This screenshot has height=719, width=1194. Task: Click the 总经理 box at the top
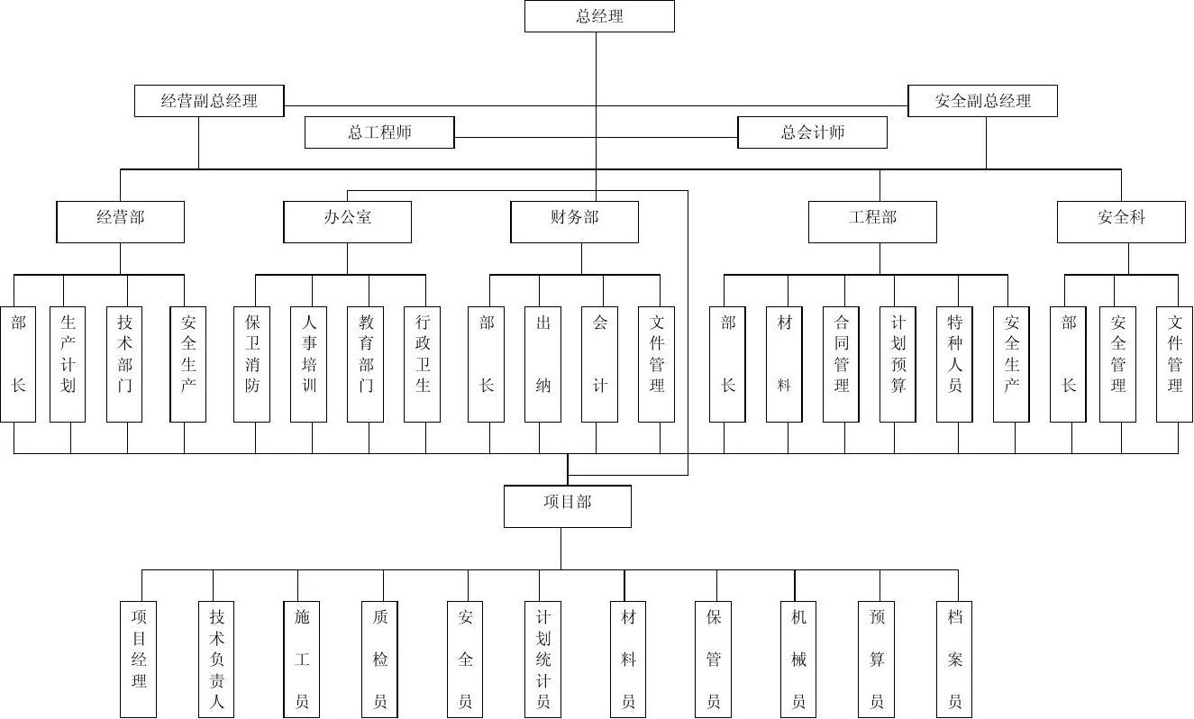pos(599,16)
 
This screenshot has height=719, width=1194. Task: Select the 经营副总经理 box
pos(209,101)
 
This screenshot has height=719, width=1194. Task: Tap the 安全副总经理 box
pos(982,101)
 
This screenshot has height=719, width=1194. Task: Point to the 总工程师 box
pos(379,132)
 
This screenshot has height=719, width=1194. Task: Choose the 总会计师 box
pos(812,132)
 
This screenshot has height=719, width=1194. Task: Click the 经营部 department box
pos(121,222)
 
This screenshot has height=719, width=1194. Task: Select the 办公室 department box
pos(348,222)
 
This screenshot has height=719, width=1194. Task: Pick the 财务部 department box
pos(575,222)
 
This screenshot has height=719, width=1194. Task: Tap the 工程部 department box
pos(872,222)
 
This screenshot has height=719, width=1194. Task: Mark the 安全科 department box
pos(1121,222)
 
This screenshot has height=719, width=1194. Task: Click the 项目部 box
pos(568,506)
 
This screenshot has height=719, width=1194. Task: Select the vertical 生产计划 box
pos(68,365)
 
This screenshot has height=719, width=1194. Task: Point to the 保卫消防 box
pos(251,365)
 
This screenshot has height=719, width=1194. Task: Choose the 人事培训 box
pos(308,365)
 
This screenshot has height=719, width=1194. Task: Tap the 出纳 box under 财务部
pos(542,365)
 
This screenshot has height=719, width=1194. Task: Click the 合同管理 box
pos(841,365)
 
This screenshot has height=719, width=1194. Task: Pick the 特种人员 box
pos(954,365)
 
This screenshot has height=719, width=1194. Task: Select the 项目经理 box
pos(138,660)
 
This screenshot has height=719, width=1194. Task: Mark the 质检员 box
pos(379,660)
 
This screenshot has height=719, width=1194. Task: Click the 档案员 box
pos(954,660)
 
